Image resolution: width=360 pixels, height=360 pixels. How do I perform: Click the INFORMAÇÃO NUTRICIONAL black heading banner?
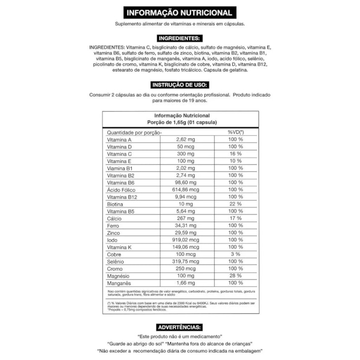click(x=179, y=13)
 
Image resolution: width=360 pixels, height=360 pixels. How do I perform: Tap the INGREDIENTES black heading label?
click(x=179, y=39)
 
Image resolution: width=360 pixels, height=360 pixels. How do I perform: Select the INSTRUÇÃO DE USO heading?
click(x=179, y=85)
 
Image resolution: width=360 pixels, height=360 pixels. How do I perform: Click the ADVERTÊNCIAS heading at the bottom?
click(x=179, y=327)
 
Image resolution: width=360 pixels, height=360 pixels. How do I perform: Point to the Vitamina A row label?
click(x=119, y=139)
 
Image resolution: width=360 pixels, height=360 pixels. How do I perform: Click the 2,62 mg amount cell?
click(x=186, y=139)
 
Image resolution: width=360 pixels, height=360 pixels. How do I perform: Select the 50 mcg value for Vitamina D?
click(x=186, y=147)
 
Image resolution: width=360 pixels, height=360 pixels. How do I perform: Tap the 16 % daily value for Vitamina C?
click(x=235, y=154)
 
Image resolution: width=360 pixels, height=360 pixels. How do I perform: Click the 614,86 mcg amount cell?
click(x=186, y=190)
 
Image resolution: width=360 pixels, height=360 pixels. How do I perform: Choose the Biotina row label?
click(x=115, y=204)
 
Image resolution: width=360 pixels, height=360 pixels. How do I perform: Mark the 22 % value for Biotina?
click(x=235, y=204)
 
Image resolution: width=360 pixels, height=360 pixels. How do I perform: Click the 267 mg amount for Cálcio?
click(x=186, y=219)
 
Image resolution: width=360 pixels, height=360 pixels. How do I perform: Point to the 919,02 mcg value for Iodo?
click(x=186, y=240)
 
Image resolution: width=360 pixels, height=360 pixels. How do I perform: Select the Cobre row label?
click(x=114, y=254)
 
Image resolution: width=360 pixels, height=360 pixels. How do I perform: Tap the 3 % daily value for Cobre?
click(x=235, y=254)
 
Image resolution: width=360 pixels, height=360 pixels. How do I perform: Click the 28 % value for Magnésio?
click(x=235, y=276)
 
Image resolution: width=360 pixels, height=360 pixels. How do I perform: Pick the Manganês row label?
click(x=119, y=283)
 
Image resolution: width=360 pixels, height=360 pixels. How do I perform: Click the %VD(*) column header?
click(x=235, y=132)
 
